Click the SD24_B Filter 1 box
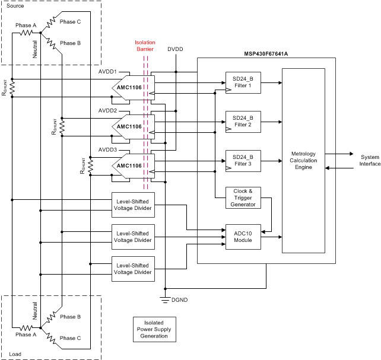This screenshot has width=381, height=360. pyautogui.click(x=241, y=82)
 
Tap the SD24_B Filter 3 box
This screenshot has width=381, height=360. pyautogui.click(x=241, y=160)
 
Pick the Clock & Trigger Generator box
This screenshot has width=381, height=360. pyautogui.click(x=241, y=197)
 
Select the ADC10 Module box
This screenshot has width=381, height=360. pyautogui.click(x=241, y=237)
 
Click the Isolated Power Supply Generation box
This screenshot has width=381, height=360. pyautogui.click(x=150, y=328)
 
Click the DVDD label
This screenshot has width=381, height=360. pyautogui.click(x=176, y=49)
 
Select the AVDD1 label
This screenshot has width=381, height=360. pyautogui.click(x=107, y=71)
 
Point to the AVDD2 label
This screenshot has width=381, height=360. pyautogui.click(x=107, y=111)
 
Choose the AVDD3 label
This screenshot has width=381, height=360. pyautogui.click(x=107, y=149)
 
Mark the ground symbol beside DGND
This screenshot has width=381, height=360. pyautogui.click(x=166, y=298)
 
